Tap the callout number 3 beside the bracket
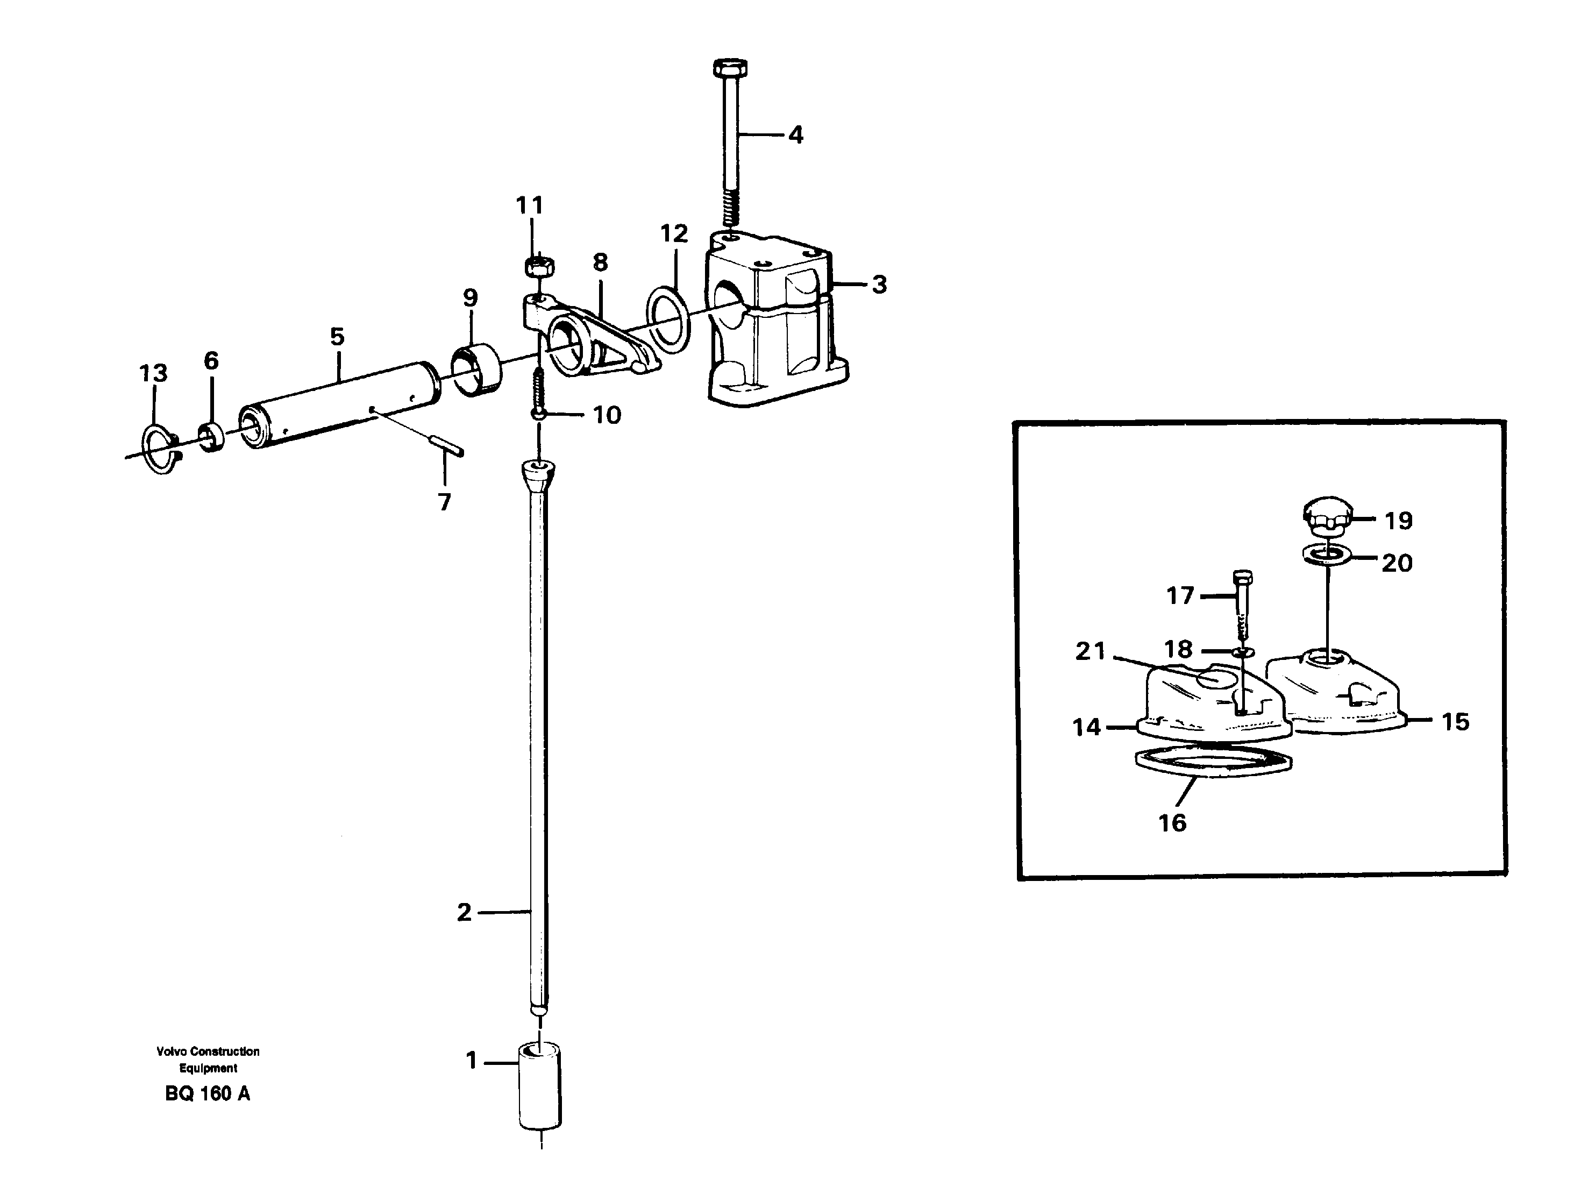pyautogui.click(x=879, y=285)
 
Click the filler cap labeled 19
pyautogui.click(x=1327, y=515)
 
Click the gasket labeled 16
pyautogui.click(x=1213, y=765)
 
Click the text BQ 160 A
pyautogui.click(x=208, y=1093)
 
